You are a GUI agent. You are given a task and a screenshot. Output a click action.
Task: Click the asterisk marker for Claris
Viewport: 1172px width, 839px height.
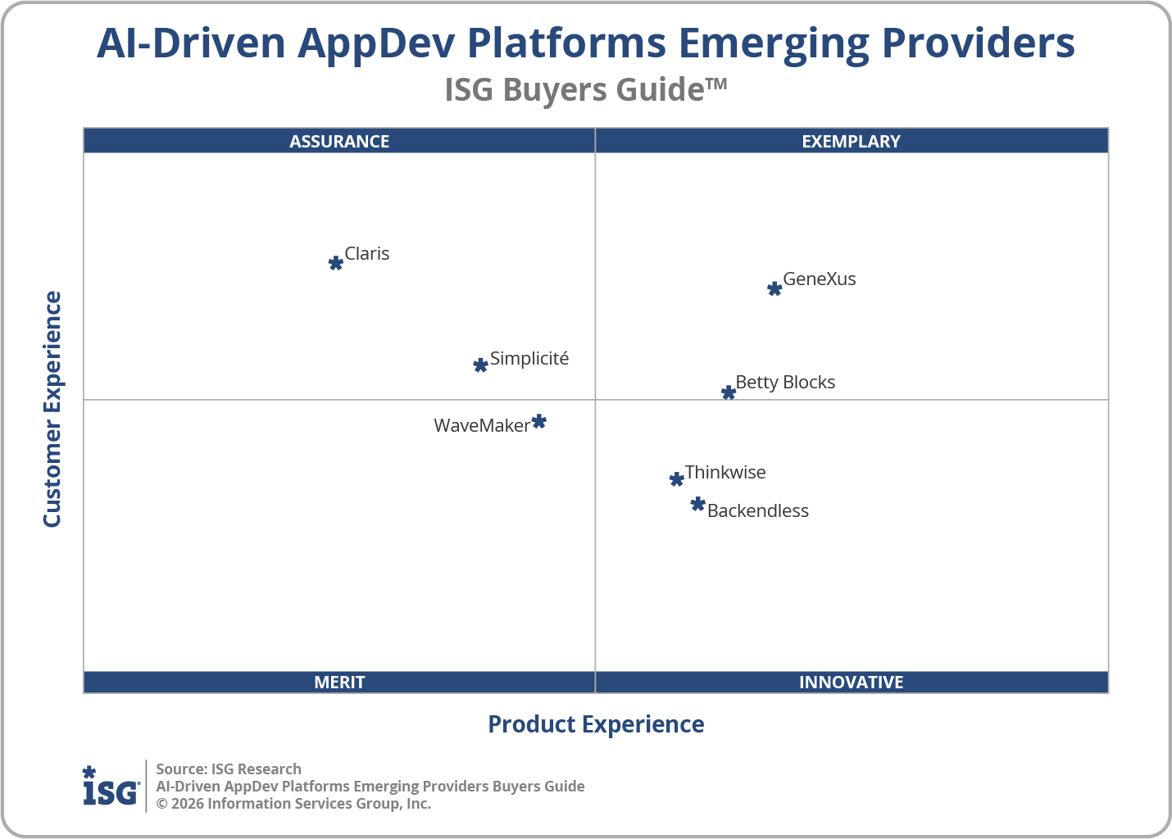tap(335, 263)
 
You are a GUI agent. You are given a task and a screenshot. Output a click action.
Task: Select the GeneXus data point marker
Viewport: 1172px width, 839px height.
tap(775, 288)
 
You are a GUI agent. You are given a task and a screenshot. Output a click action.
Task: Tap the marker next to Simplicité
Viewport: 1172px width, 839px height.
tap(481, 365)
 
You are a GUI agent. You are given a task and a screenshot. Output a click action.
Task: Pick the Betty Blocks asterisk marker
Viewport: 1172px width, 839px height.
tap(729, 392)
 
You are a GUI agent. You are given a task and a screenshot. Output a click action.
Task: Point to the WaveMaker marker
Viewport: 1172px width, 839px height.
tap(538, 422)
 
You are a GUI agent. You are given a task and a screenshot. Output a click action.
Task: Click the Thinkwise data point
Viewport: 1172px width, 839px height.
tap(676, 479)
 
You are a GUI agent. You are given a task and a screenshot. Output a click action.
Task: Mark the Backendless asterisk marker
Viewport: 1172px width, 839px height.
tap(697, 504)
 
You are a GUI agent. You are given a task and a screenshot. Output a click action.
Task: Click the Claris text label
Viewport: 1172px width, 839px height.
tap(366, 254)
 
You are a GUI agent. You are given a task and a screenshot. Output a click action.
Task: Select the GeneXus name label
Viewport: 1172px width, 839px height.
tap(819, 279)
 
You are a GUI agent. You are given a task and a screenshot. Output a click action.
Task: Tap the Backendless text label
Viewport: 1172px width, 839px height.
tap(757, 511)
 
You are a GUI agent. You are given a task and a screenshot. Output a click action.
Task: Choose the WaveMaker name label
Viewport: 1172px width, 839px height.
tap(481, 426)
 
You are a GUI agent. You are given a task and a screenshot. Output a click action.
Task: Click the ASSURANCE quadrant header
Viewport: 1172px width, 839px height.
tap(339, 141)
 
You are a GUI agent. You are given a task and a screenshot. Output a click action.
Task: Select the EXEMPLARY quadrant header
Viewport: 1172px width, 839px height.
tap(851, 141)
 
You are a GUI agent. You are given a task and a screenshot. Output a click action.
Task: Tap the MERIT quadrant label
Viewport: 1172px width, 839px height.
tap(339, 683)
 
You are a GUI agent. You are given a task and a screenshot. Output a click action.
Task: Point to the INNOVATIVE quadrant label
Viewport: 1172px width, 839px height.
tap(851, 683)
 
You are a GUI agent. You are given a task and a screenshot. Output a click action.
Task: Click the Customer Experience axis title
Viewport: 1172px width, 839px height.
tap(52, 410)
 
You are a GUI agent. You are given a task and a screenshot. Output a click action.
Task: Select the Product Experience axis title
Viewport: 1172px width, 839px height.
tap(596, 724)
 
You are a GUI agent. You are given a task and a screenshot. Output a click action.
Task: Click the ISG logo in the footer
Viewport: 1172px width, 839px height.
tap(111, 787)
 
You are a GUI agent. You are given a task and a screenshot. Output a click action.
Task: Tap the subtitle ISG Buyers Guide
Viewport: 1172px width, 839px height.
tap(585, 89)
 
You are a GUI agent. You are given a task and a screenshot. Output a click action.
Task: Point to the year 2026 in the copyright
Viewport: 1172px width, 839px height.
tap(187, 804)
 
